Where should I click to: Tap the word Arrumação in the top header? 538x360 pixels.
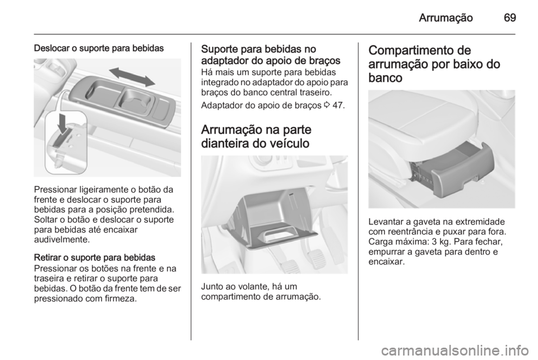[x=447, y=17]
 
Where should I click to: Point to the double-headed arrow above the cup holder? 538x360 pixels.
[x=132, y=77]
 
